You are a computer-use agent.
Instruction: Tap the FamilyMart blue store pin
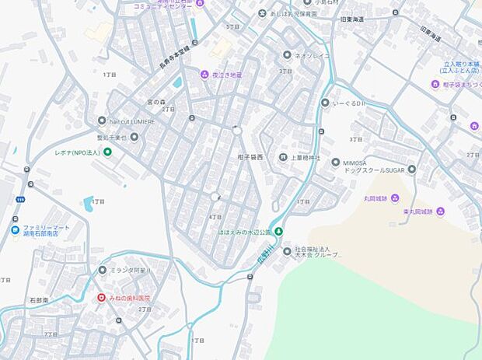pos(16,229)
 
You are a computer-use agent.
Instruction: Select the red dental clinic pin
pos(101,298)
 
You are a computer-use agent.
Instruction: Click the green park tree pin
pos(279,232)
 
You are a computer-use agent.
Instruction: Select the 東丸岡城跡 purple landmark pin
pos(441,211)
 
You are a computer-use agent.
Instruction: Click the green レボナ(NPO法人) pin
pos(107,152)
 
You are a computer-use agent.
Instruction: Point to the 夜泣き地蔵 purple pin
pos(205,75)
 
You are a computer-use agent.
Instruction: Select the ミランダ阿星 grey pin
pos(103,270)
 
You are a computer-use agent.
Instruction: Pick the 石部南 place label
pos(39,299)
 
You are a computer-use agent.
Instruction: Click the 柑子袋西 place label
pos(250,158)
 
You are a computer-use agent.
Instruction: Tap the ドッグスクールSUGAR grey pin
pos(412,169)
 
